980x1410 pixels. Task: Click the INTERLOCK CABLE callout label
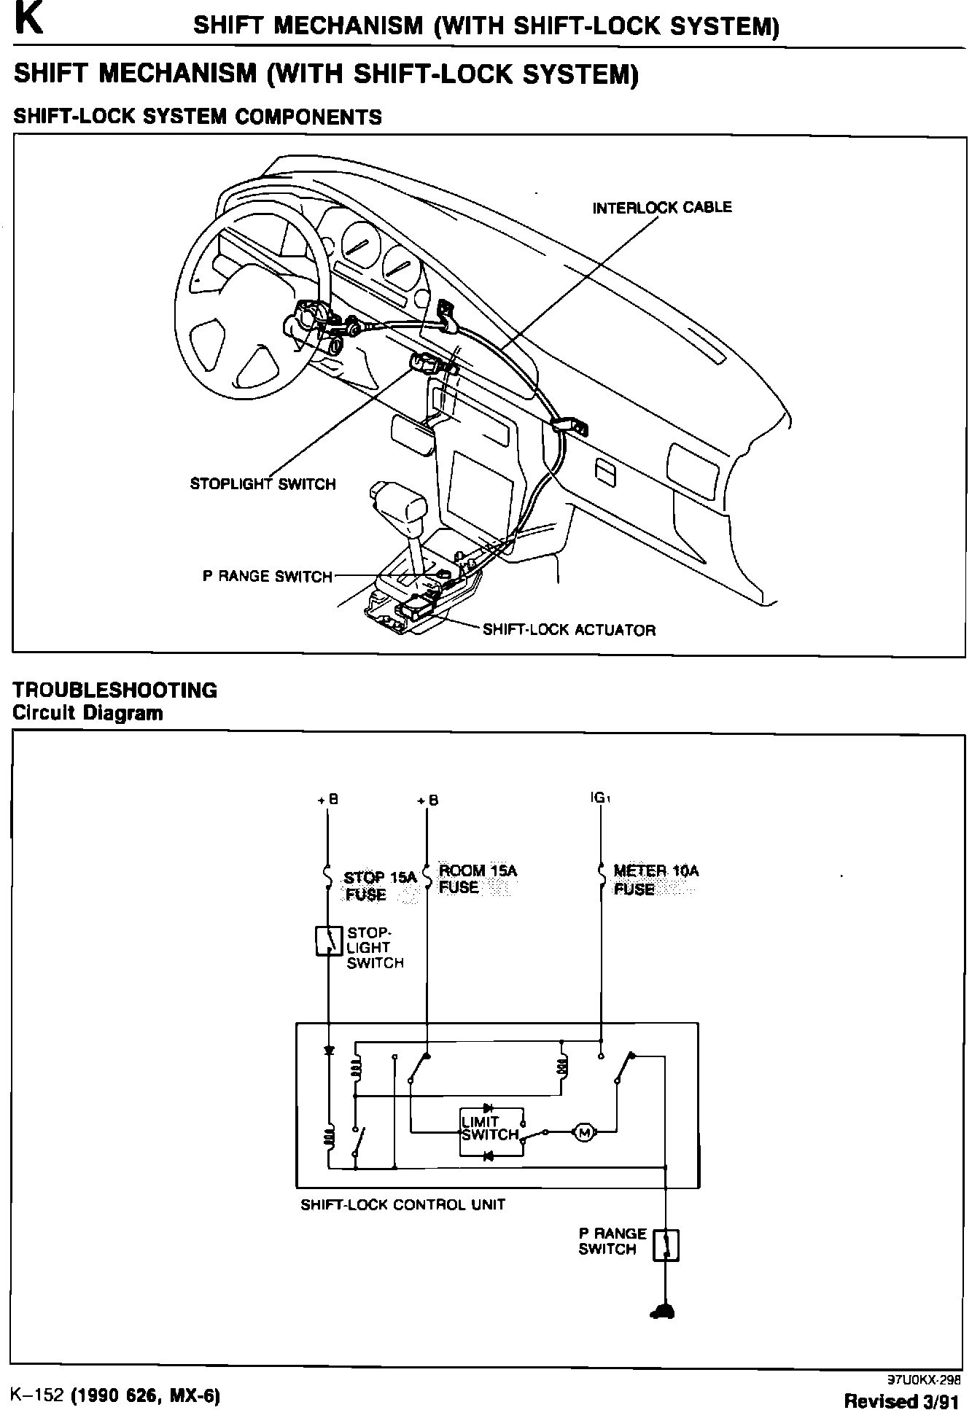click(x=661, y=208)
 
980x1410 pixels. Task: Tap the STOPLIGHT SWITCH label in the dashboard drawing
click(x=262, y=484)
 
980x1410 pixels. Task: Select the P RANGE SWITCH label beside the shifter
click(x=267, y=577)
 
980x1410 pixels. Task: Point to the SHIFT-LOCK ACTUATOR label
click(x=569, y=630)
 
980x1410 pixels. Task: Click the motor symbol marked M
click(x=583, y=1132)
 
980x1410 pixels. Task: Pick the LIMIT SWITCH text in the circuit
click(x=489, y=1128)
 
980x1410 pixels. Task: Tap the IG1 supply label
click(x=600, y=798)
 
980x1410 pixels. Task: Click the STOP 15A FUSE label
click(x=379, y=886)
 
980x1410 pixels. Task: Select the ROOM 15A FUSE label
click(x=478, y=879)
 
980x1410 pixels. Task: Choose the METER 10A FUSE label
click(x=656, y=879)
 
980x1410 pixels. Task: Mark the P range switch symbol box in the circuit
click(x=666, y=1245)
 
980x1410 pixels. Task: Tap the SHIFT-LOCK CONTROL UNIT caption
click(x=402, y=1204)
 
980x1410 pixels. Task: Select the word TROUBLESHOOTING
click(x=115, y=690)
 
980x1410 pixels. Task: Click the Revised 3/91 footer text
click(x=902, y=1400)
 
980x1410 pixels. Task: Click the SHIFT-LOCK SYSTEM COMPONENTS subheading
click(x=198, y=117)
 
